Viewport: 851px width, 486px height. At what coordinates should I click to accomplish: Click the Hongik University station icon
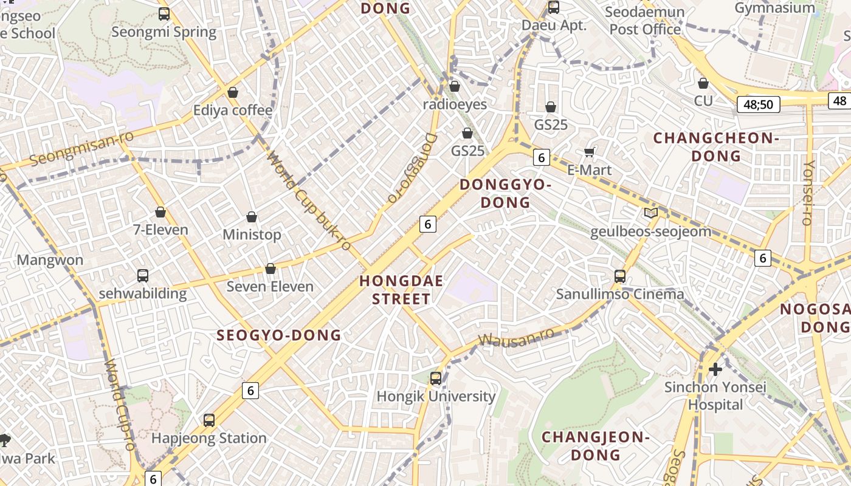point(435,378)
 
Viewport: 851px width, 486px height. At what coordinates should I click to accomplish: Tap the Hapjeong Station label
point(208,438)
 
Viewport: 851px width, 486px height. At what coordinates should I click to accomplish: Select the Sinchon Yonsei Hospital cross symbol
point(715,369)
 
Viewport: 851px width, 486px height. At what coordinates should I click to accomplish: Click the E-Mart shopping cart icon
point(589,152)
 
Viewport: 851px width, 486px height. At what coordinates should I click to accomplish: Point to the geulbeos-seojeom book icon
point(650,213)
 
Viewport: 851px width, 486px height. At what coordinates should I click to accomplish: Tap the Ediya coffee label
point(233,111)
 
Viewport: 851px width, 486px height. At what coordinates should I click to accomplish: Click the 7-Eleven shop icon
point(160,212)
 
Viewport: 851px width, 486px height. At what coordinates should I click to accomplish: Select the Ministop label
point(252,234)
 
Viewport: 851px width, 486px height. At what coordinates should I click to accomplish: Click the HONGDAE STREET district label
point(401,290)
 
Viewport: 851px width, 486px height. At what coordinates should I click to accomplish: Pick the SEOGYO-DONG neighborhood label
point(279,335)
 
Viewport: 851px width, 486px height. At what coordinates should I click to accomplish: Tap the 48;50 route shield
point(758,104)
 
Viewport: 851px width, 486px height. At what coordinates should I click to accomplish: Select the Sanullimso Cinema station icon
point(620,276)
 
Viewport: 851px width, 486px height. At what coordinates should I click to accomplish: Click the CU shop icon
point(703,83)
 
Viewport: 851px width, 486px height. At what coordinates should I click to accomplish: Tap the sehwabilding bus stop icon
point(143,275)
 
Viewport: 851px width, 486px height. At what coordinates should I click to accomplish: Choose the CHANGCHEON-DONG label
point(716,147)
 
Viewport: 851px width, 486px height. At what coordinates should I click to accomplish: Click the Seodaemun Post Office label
point(646,21)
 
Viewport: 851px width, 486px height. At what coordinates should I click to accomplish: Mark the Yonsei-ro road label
point(808,193)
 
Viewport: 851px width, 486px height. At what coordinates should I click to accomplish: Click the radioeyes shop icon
point(454,86)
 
